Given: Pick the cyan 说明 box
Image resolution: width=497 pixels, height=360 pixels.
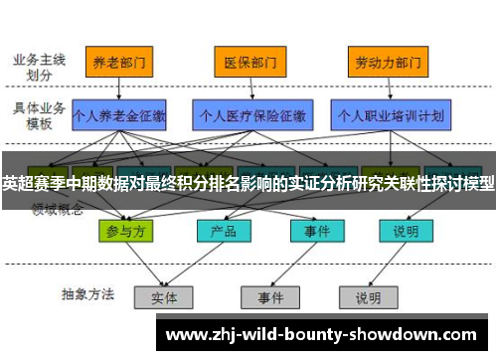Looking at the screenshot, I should [x=405, y=231].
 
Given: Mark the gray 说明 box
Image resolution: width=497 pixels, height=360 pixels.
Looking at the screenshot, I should [x=367, y=296].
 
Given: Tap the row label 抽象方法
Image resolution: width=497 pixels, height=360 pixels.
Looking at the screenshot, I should [x=88, y=294].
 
